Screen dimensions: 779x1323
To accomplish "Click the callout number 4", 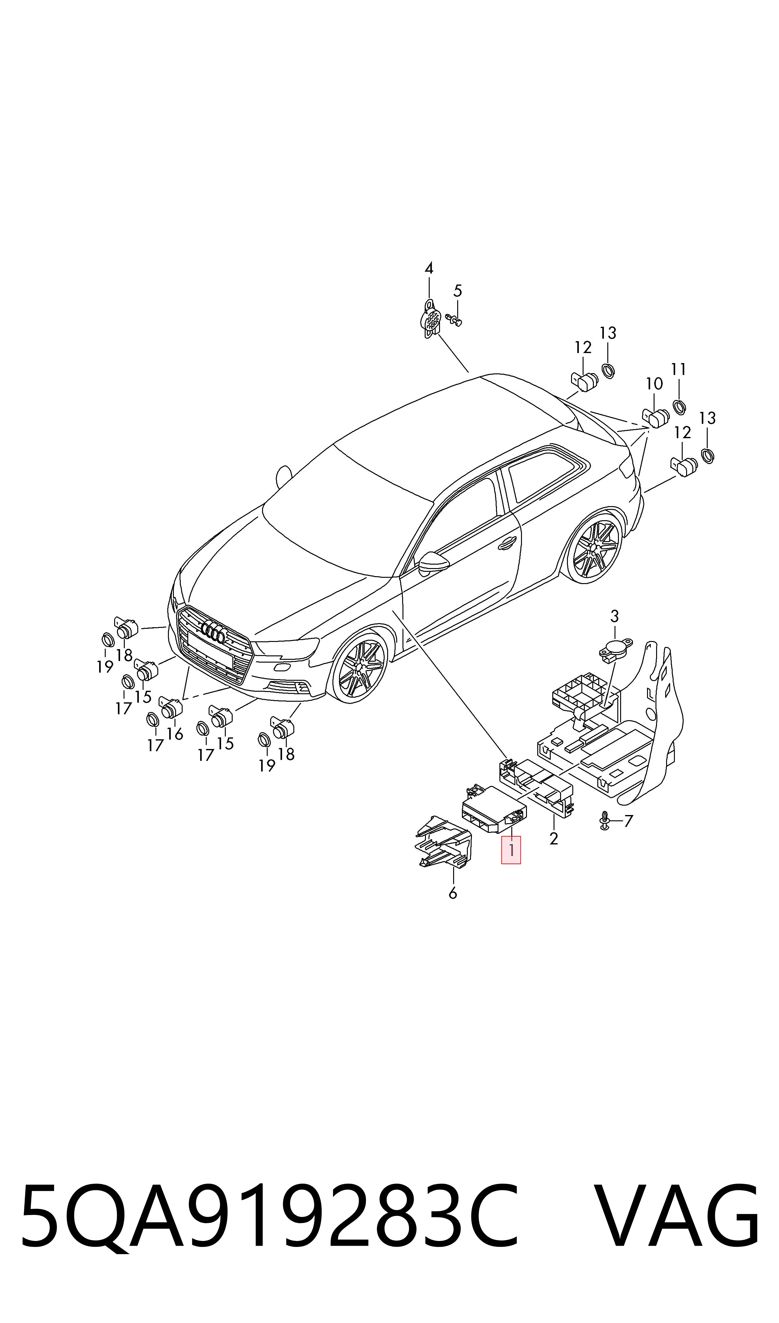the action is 429,268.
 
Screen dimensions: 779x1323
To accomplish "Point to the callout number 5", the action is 458,290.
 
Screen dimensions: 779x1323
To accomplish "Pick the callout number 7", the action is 628,821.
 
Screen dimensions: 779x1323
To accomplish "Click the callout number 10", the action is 654,383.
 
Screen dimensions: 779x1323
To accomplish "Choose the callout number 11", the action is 679,369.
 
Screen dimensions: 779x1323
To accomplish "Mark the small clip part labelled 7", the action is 604,821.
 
